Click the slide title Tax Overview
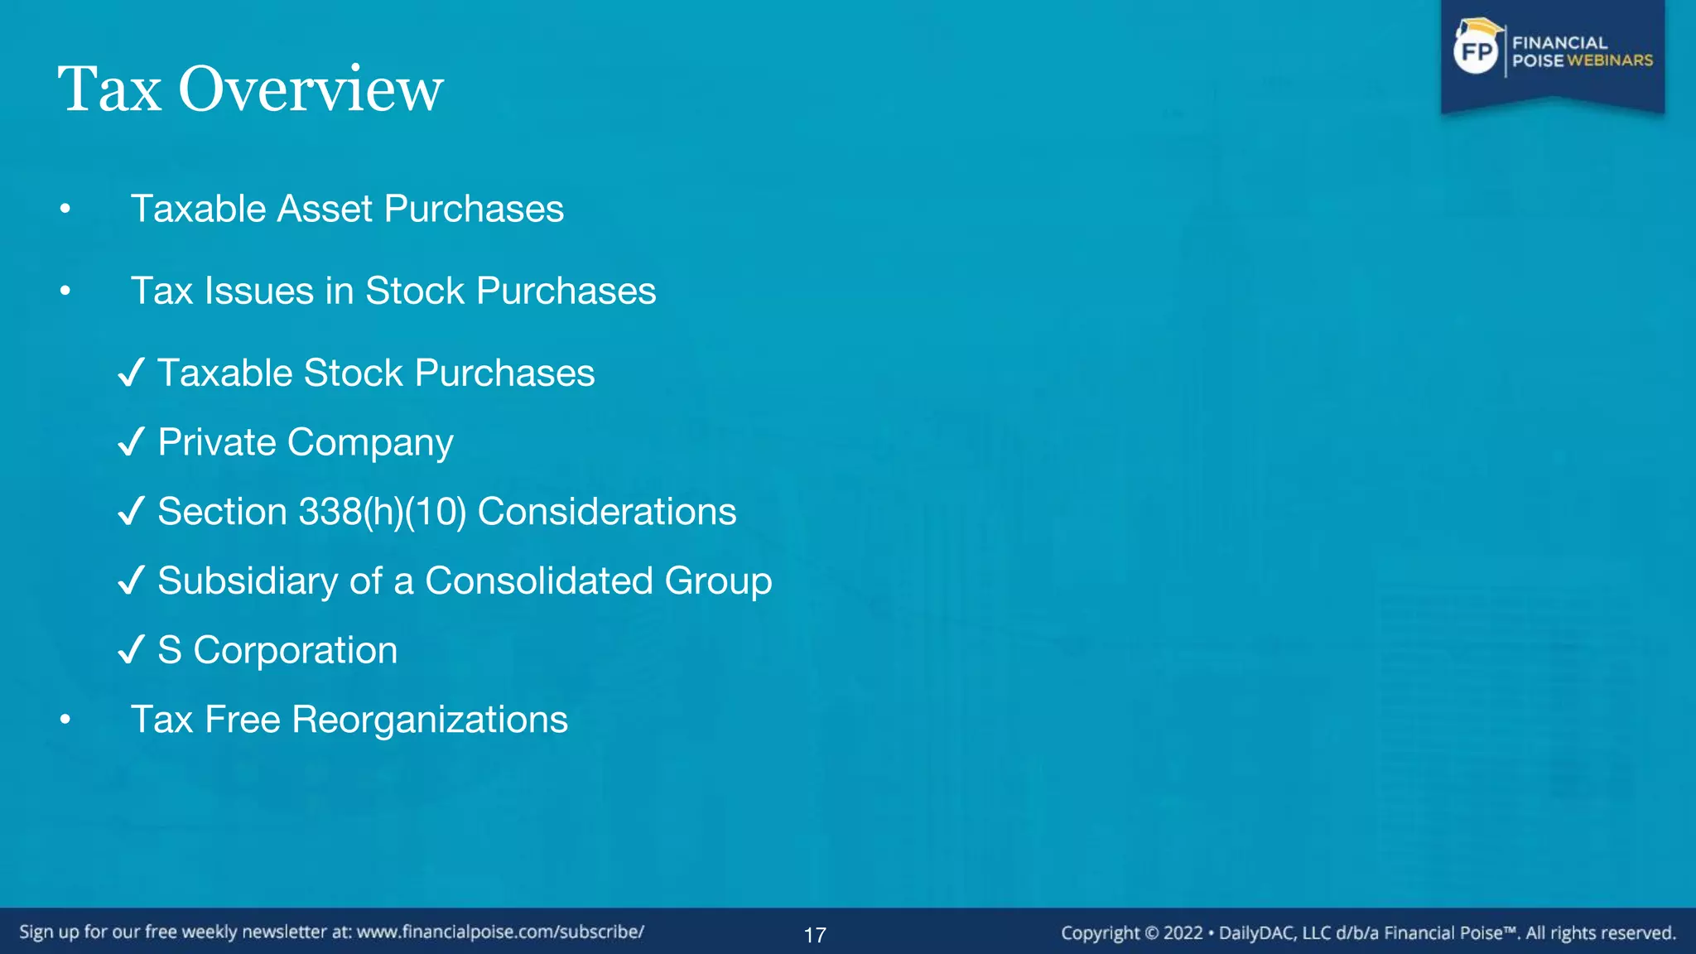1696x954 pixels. (x=250, y=89)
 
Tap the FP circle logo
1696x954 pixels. (x=1477, y=52)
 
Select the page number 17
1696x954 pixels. (x=815, y=935)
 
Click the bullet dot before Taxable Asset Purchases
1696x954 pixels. (x=65, y=209)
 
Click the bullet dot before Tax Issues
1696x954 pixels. (x=65, y=291)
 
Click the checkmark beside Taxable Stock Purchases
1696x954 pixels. (x=132, y=373)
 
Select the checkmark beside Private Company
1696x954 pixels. (x=132, y=442)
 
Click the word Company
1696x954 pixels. (x=370, y=443)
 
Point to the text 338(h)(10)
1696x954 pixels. (x=383, y=512)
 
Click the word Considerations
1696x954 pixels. (x=607, y=512)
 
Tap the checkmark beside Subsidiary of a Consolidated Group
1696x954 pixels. (x=132, y=581)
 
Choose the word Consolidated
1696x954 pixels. (x=539, y=581)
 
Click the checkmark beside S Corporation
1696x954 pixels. (x=132, y=650)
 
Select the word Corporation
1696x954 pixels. (x=295, y=651)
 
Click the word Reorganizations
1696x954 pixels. (x=430, y=720)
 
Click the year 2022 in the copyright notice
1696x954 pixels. (x=1183, y=933)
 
